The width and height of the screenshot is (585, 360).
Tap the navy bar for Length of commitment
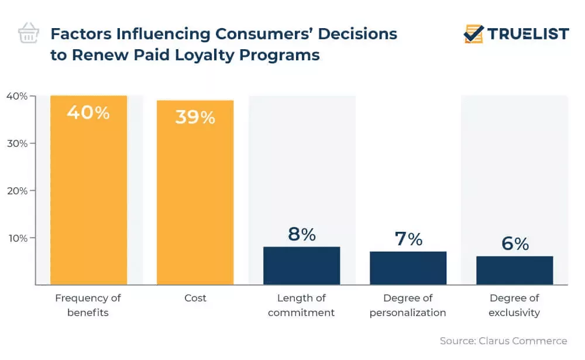[301, 266]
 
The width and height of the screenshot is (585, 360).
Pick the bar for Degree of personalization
[408, 268]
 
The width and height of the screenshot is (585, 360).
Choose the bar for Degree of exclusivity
[514, 270]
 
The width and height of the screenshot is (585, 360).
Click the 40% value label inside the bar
[88, 112]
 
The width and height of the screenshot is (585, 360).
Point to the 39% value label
[195, 117]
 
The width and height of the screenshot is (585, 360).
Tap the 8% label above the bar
[301, 234]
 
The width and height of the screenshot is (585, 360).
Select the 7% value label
[408, 239]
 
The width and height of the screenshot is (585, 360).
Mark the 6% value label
[514, 244]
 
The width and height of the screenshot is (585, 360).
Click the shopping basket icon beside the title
[29, 33]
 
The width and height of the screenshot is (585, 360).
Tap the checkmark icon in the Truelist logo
[473, 34]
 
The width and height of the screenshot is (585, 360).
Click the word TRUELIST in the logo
[528, 34]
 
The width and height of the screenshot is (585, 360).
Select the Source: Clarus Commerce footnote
[503, 341]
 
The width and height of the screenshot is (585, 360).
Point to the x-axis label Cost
[195, 298]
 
